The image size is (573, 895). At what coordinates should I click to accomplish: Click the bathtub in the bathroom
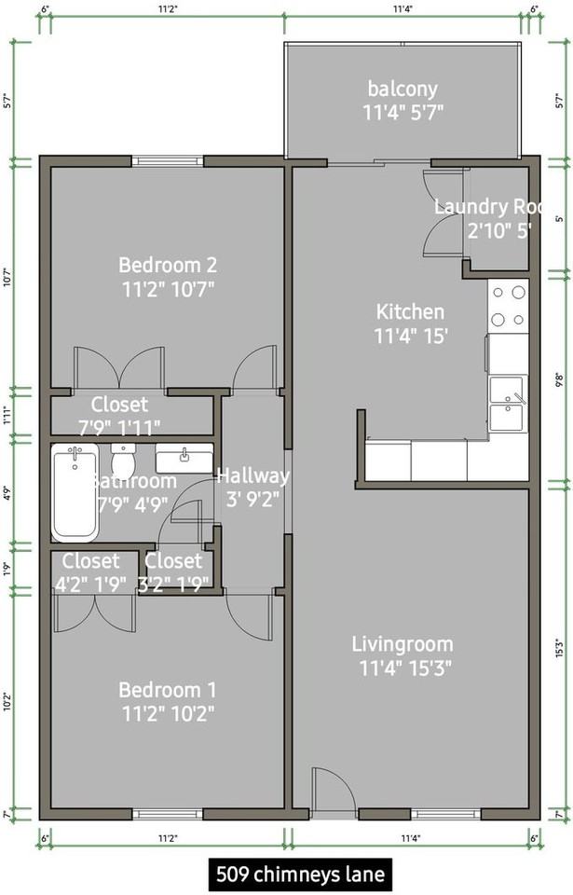75,493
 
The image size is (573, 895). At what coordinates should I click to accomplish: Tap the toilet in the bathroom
124,460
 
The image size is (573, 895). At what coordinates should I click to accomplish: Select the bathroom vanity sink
184,459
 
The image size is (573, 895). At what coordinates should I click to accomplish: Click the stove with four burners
508,305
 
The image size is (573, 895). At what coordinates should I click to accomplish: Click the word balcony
402,89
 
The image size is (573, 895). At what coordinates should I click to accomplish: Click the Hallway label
252,475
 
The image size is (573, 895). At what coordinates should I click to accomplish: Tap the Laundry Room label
484,207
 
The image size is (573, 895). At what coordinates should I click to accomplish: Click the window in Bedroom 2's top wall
168,161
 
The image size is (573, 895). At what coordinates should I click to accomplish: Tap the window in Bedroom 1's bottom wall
168,814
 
